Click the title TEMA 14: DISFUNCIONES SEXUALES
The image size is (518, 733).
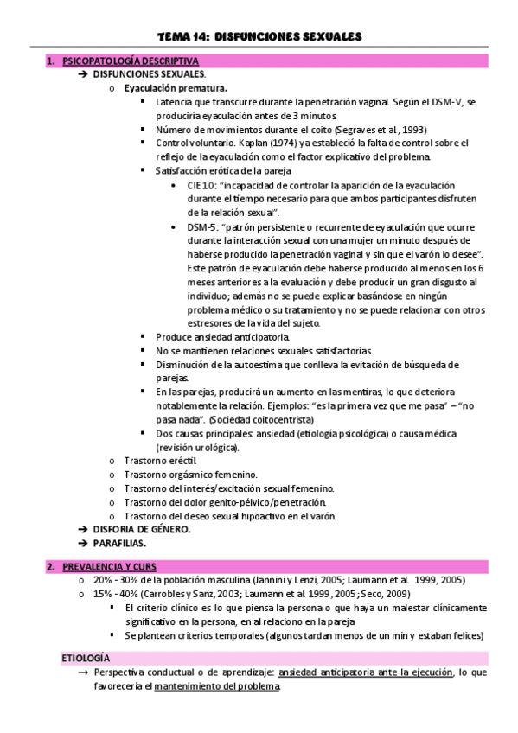click(259, 36)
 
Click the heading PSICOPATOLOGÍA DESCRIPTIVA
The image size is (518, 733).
click(125, 61)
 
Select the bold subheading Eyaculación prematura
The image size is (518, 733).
click(176, 88)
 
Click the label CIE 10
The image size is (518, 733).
click(202, 184)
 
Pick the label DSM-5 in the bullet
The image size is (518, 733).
click(203, 226)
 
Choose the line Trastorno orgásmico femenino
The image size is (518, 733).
click(190, 475)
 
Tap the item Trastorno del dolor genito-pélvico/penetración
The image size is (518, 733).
click(225, 502)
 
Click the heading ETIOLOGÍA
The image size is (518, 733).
click(86, 658)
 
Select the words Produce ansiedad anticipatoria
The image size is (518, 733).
click(222, 336)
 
